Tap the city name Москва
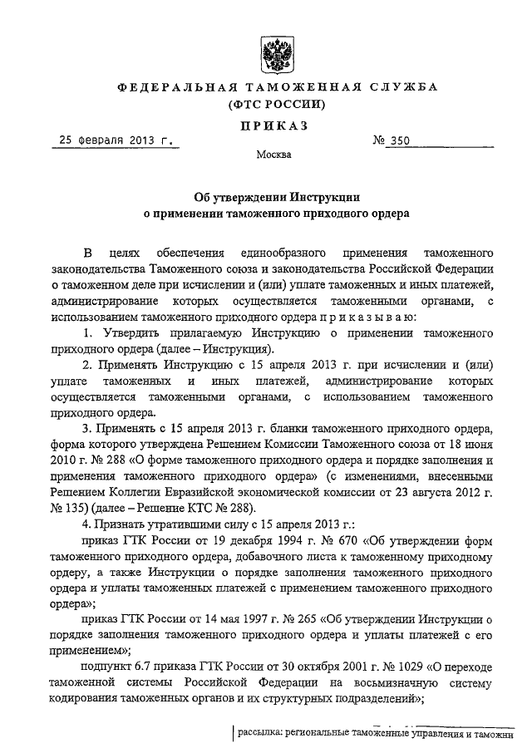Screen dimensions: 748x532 click(x=268, y=155)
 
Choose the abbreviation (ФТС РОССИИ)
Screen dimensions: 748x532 click(x=266, y=106)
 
